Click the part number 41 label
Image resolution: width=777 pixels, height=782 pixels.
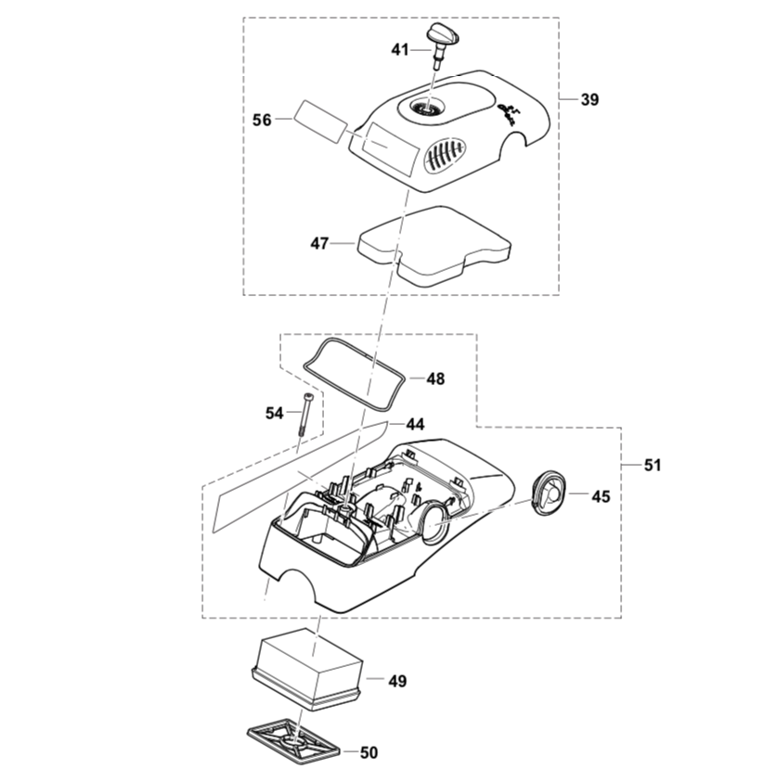399,50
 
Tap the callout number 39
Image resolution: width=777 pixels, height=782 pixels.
589,100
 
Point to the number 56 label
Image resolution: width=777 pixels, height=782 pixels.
262,120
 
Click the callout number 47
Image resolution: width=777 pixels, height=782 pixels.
319,244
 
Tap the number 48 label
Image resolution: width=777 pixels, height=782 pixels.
435,378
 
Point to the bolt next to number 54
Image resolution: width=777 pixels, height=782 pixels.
304,417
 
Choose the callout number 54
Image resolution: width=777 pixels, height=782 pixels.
274,413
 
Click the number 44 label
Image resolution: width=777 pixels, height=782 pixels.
415,424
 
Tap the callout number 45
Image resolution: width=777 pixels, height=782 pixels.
601,496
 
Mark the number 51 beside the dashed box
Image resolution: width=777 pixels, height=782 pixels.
653,465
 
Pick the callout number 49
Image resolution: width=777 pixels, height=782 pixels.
397,682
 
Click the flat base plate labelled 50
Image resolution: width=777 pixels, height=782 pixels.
292,742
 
